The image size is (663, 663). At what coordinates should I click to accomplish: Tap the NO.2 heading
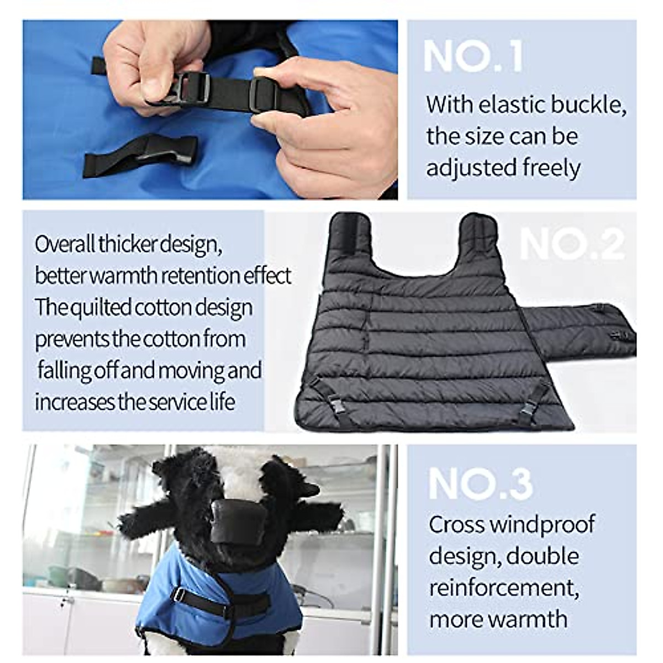(572, 244)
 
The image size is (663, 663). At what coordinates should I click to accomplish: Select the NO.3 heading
(480, 484)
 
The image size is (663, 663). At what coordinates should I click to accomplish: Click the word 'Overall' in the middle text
(65, 244)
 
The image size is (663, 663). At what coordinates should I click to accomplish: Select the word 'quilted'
(102, 308)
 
